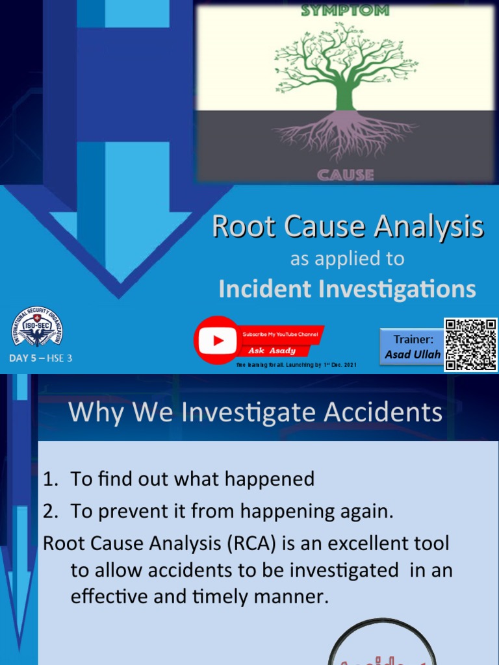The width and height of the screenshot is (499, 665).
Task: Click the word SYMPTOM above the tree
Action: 345,10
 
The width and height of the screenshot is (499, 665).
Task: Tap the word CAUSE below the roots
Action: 345,175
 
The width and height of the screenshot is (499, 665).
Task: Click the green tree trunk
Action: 345,94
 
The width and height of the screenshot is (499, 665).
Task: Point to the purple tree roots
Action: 345,133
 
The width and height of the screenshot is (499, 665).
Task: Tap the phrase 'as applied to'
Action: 347,258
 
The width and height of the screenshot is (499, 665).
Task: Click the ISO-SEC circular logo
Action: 38,327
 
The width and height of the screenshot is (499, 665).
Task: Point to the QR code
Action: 470,344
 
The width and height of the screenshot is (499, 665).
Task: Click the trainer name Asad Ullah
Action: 413,355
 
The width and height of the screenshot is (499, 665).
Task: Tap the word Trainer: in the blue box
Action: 413,339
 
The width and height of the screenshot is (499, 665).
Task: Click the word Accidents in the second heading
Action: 379,412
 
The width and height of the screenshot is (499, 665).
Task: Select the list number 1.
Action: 50,479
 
